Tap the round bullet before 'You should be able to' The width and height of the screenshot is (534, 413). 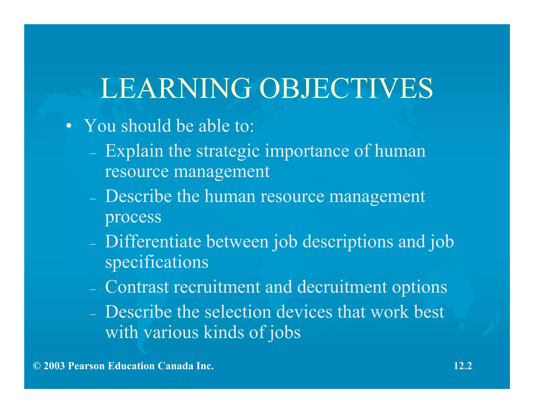click(x=68, y=126)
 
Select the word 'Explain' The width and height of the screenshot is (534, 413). click(x=134, y=151)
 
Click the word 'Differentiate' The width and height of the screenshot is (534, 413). click(x=153, y=241)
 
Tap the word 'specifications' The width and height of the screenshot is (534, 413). click(x=157, y=262)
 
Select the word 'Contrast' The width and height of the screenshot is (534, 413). click(x=137, y=287)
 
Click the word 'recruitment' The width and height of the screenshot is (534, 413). click(x=217, y=287)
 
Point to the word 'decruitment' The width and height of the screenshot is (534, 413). click(x=342, y=287)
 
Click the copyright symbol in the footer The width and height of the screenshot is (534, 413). click(x=37, y=366)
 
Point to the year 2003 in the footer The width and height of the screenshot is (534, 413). click(x=54, y=366)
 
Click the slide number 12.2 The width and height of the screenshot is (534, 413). click(x=463, y=366)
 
